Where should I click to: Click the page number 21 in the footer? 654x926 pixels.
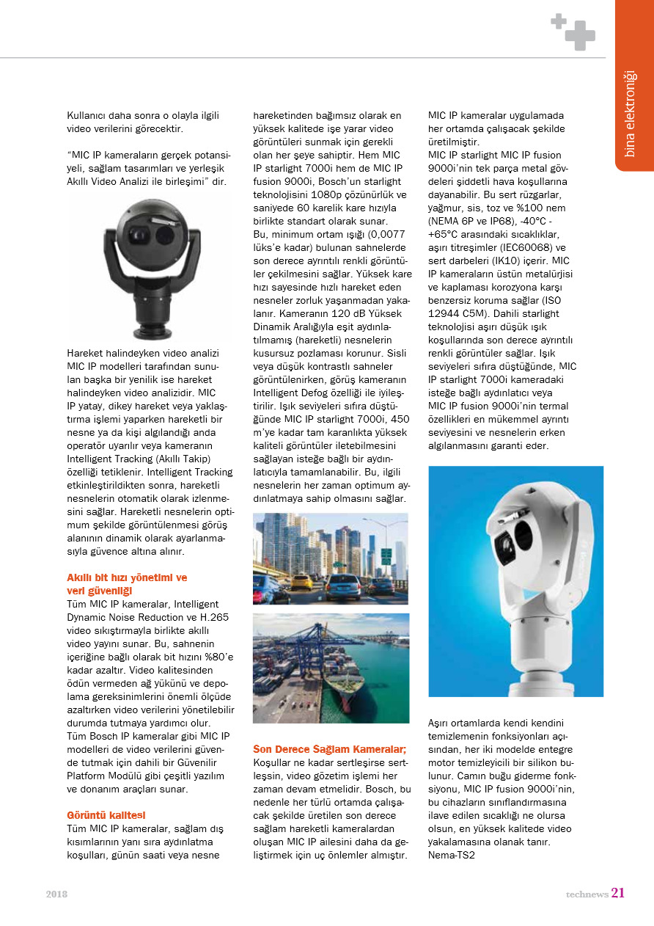(x=618, y=893)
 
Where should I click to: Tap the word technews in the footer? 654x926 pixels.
(x=587, y=894)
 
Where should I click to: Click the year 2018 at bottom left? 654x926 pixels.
(x=56, y=894)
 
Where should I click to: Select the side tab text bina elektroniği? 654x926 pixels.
(x=630, y=113)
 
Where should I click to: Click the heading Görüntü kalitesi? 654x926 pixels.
(x=106, y=815)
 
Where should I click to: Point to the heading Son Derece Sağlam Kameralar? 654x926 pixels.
(x=329, y=749)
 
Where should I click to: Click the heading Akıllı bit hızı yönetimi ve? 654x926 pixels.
(x=127, y=577)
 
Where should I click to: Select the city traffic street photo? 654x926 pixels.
(x=331, y=558)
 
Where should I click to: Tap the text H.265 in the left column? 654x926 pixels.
(x=213, y=617)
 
